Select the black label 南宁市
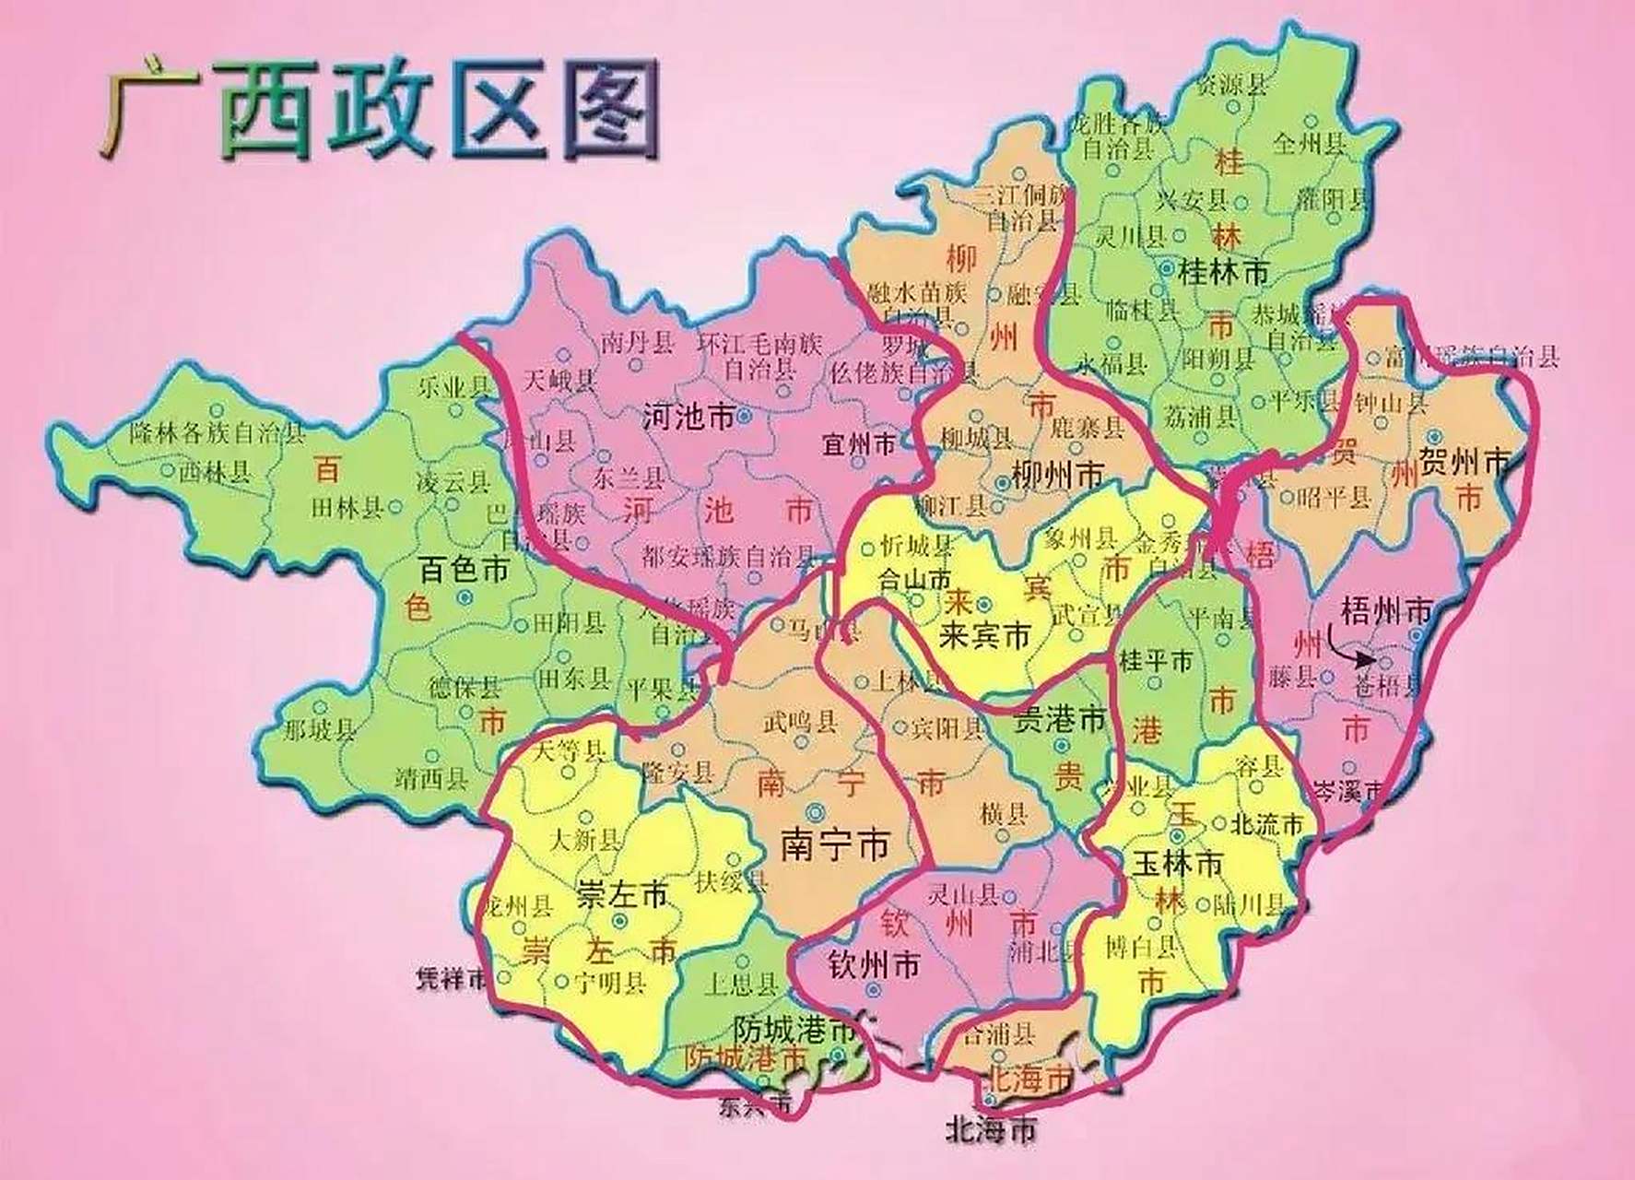click(x=835, y=844)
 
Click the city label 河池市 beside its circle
click(x=688, y=419)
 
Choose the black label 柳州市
click(x=1057, y=476)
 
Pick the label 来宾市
click(x=983, y=635)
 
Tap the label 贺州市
click(x=1464, y=460)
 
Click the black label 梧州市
click(x=1385, y=609)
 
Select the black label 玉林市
click(x=1177, y=863)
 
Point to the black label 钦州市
click(x=874, y=965)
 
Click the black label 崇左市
click(x=621, y=893)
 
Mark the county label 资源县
click(x=1230, y=85)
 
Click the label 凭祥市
click(x=451, y=978)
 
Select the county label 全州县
click(x=1310, y=143)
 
